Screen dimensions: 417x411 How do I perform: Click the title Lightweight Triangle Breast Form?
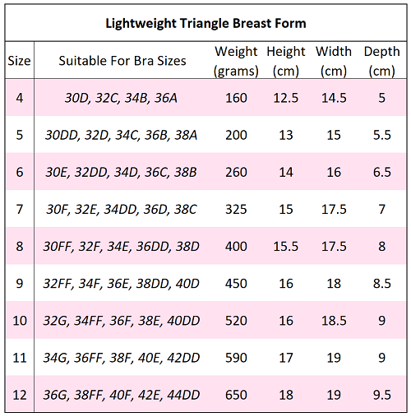205,22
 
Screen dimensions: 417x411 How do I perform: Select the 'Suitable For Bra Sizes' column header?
122,61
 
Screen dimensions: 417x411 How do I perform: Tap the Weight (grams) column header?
237,62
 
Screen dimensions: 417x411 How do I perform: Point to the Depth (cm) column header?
381,62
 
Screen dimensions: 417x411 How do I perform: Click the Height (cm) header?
286,62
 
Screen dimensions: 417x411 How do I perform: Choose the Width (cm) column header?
334,62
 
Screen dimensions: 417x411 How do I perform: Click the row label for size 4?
19,98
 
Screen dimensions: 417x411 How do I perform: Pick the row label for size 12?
19,396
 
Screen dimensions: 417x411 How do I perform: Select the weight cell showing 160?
236,98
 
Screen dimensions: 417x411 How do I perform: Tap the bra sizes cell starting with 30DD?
121,135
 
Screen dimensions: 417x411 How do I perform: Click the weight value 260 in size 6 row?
236,173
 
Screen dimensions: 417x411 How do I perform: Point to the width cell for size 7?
334,210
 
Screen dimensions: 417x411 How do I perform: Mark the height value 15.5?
286,247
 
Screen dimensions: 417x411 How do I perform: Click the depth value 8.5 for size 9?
381,284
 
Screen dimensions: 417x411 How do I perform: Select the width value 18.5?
334,321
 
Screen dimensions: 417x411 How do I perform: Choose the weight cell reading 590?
236,359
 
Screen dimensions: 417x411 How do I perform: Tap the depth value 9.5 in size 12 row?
381,396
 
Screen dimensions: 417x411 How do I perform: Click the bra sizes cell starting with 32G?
121,321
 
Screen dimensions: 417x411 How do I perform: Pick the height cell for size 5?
286,135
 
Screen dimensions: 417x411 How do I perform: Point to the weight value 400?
236,247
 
